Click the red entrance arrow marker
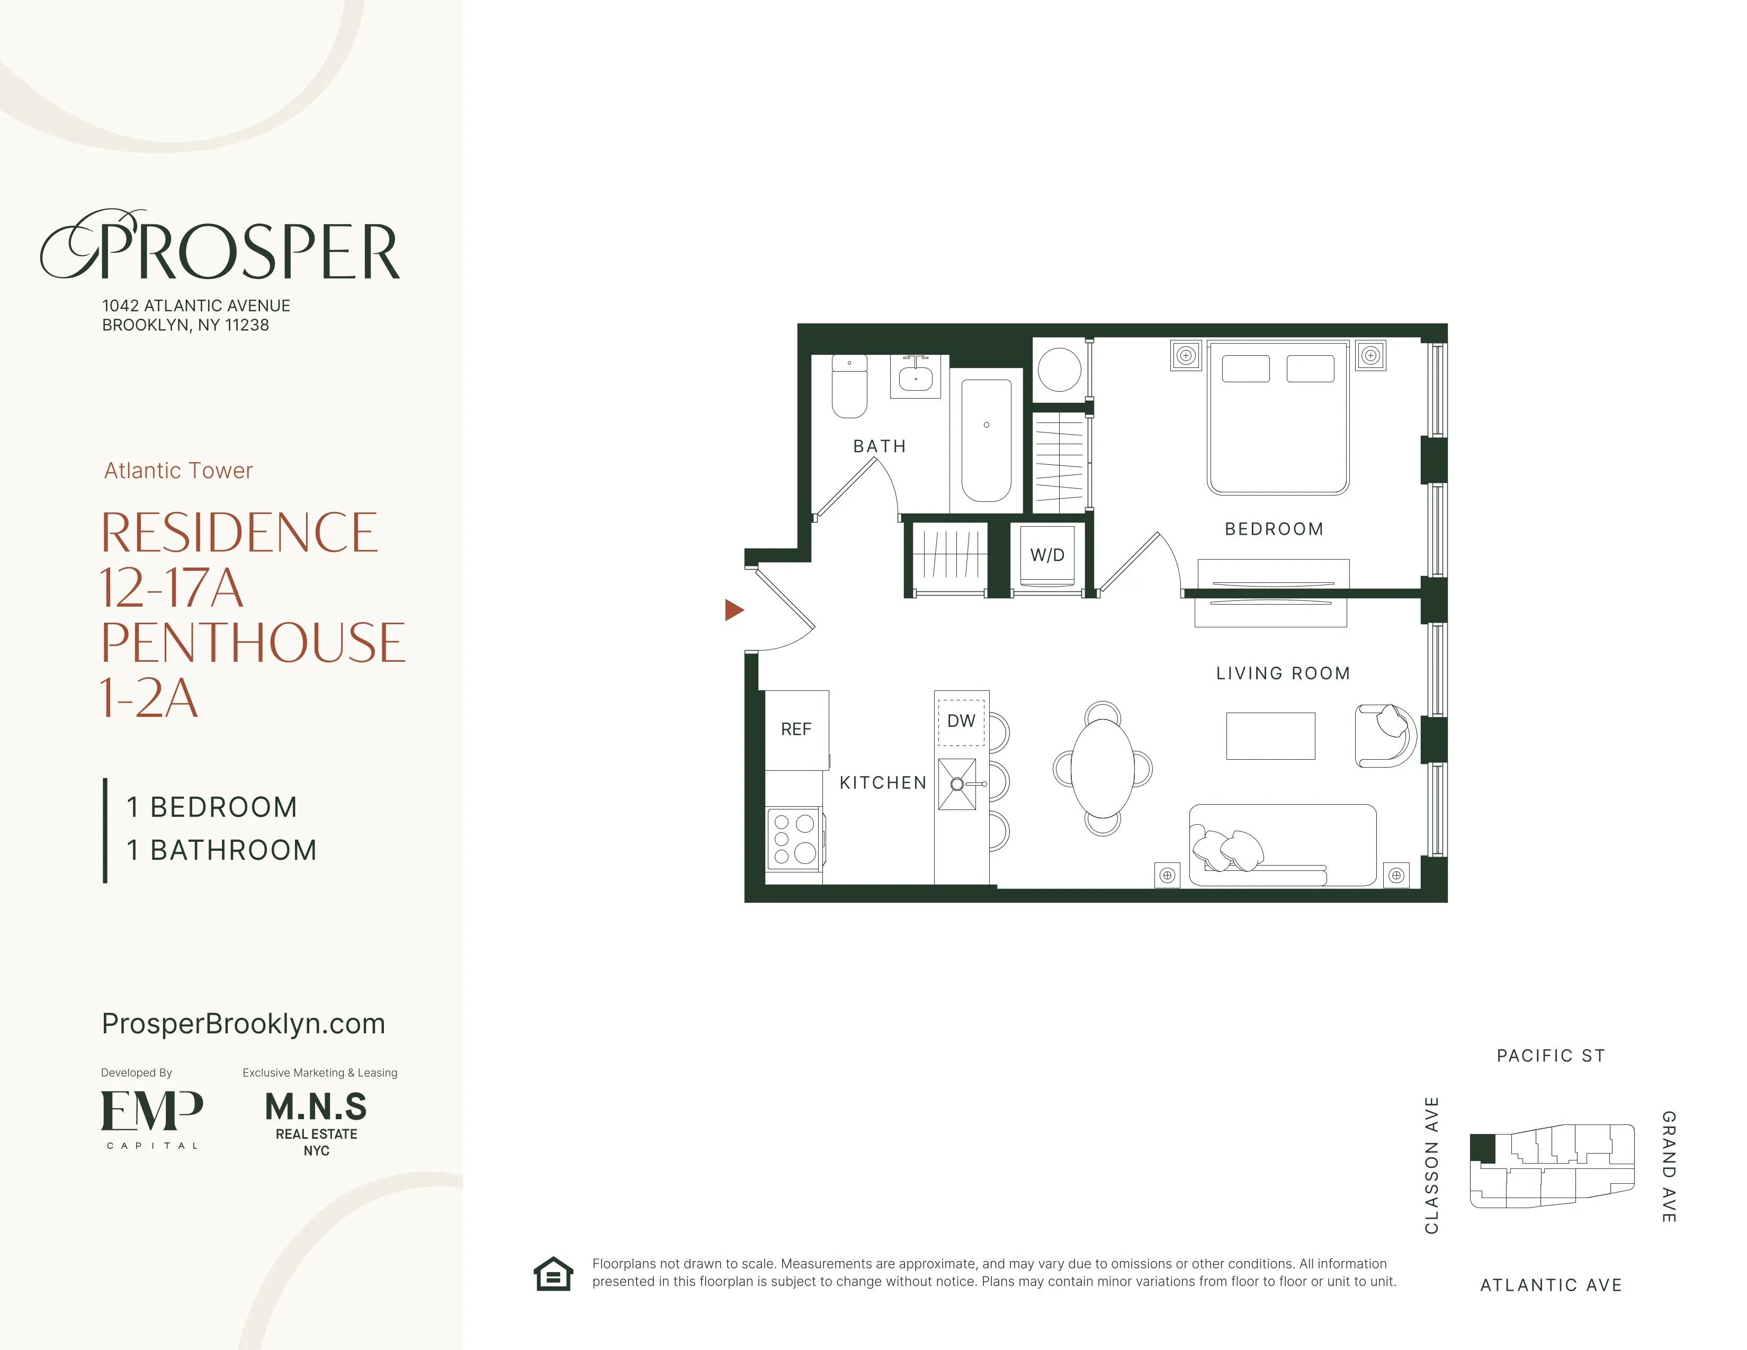point(733,610)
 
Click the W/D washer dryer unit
point(1047,555)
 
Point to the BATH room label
point(879,446)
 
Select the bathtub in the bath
point(986,440)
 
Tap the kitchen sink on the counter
point(957,784)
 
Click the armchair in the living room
point(1384,736)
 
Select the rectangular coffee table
point(1270,736)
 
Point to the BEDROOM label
point(1274,529)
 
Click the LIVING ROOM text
point(1282,673)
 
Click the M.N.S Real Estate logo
point(316,1122)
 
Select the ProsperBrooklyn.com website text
point(243,1024)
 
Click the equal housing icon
point(553,1273)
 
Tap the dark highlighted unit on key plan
point(1482,1148)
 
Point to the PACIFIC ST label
point(1550,1056)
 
